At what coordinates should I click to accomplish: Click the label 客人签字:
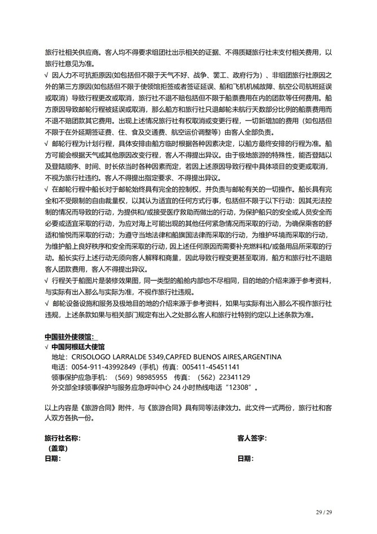pos(252,438)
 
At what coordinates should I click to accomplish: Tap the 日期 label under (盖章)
pos(51,458)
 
